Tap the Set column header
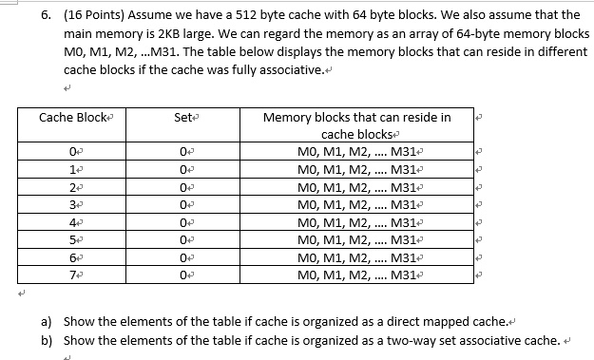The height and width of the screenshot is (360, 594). click(184, 118)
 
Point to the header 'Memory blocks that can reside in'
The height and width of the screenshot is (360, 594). click(355, 118)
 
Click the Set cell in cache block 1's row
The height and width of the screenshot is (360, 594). click(183, 169)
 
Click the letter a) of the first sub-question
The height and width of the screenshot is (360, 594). click(46, 321)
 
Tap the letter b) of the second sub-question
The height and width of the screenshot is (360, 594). click(46, 339)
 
